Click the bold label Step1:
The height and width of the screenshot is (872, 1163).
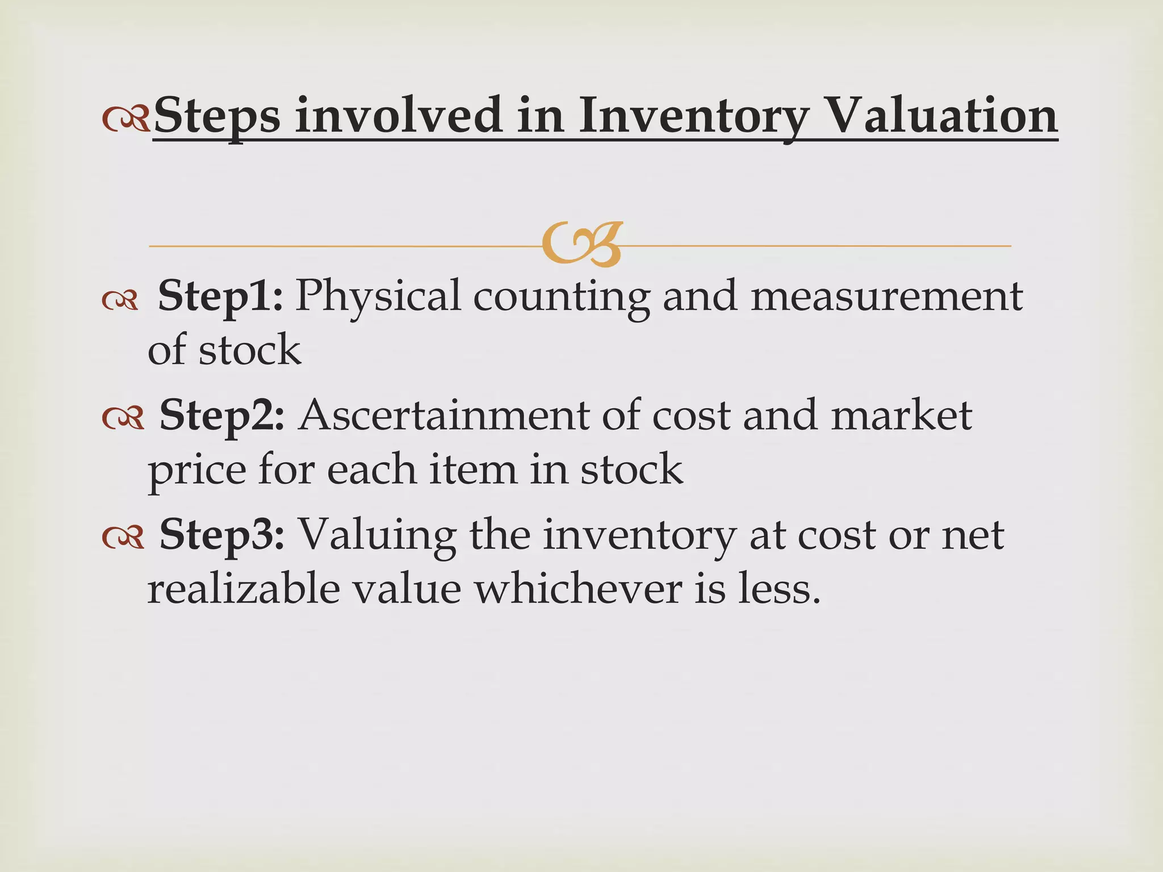tap(220, 296)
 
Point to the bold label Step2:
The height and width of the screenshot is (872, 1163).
tap(221, 416)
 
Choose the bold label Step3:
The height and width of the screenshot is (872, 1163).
tap(221, 535)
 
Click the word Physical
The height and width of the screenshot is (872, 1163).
tap(378, 296)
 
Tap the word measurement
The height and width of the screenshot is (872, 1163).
tap(886, 296)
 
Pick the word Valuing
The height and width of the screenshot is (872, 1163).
tap(378, 535)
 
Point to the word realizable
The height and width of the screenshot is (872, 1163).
tap(244, 589)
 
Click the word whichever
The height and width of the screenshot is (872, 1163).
tap(578, 589)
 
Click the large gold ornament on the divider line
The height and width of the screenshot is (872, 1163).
tap(581, 244)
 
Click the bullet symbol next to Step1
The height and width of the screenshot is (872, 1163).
tap(120, 301)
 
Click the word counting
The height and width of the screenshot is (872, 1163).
tap(561, 296)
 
